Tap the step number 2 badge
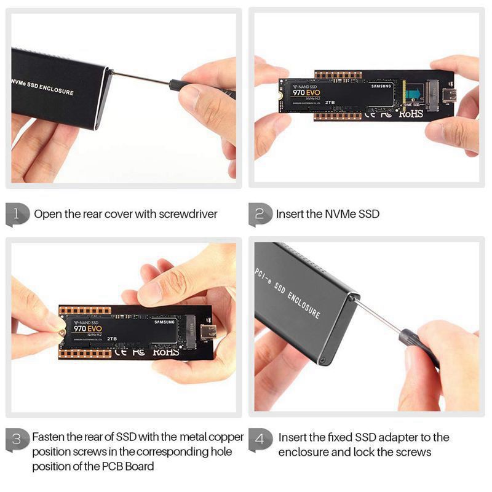pyautogui.click(x=261, y=214)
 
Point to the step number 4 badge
pyautogui.click(x=261, y=439)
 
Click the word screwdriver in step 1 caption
pyautogui.click(x=188, y=214)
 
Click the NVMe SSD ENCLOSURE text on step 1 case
pyautogui.click(x=42, y=87)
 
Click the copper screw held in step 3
pyautogui.click(x=63, y=332)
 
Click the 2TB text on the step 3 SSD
pyautogui.click(x=112, y=338)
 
